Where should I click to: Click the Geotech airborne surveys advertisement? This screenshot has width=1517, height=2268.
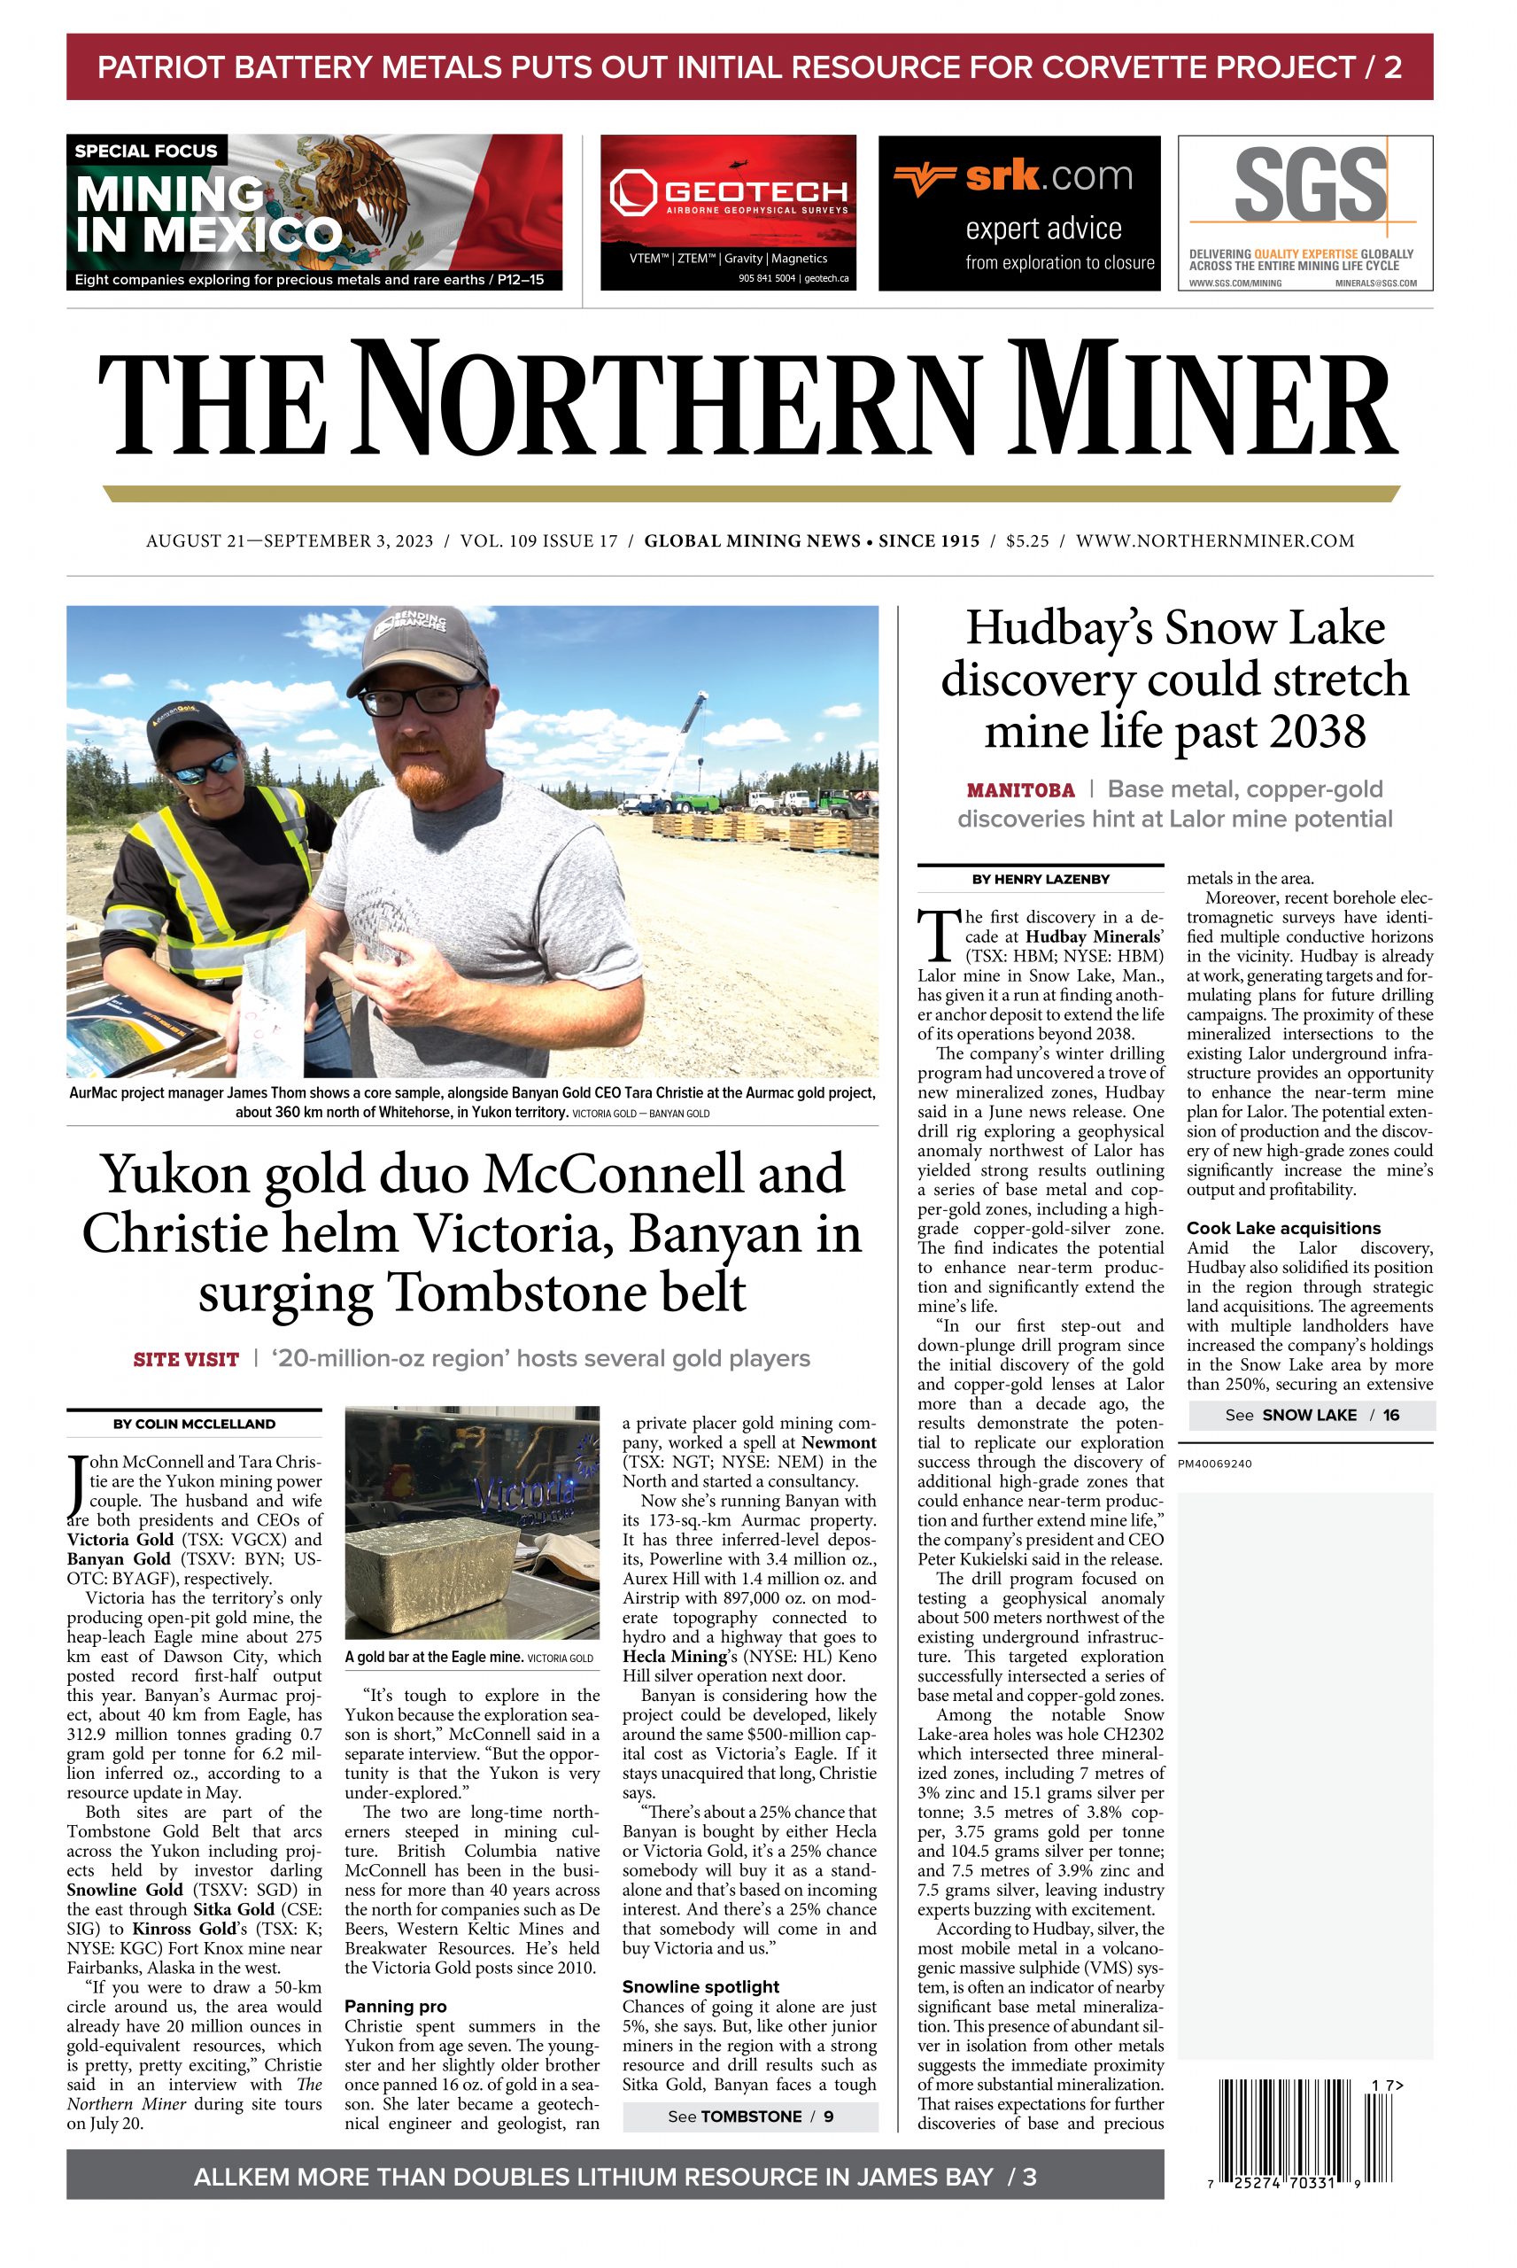point(728,212)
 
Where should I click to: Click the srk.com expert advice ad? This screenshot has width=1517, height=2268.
point(1018,212)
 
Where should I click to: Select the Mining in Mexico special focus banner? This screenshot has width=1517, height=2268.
point(313,212)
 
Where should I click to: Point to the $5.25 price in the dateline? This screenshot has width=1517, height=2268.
point(1026,541)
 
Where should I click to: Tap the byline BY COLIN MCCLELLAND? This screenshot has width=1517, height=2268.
point(193,1424)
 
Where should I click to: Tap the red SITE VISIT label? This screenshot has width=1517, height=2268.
point(186,1359)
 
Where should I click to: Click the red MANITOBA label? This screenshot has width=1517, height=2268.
point(1021,790)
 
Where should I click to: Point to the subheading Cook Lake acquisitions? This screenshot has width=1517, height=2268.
point(1283,1228)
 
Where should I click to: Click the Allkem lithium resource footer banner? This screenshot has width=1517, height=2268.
point(615,2177)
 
